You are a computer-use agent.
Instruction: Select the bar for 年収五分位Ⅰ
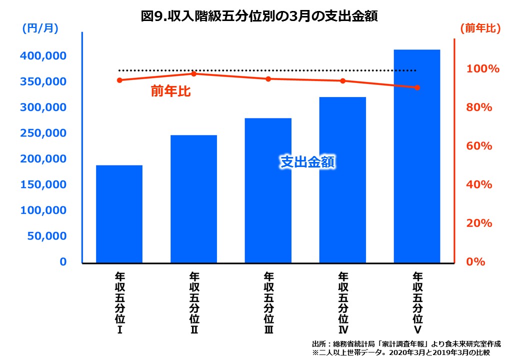click(119, 214)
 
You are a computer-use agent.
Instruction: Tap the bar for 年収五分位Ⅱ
click(193, 199)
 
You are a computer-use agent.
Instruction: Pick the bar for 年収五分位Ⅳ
click(342, 180)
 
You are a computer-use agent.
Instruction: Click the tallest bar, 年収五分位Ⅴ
click(417, 156)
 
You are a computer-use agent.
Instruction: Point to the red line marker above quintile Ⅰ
click(119, 80)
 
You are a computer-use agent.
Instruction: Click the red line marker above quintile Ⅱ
click(194, 73)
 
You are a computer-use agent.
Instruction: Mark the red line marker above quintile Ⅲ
click(268, 79)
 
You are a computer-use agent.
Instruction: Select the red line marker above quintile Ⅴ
click(417, 87)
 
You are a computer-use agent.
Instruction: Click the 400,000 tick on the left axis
click(43, 56)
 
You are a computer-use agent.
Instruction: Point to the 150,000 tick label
click(43, 184)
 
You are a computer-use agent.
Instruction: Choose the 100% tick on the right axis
click(482, 69)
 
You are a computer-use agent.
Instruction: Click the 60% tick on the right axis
click(479, 146)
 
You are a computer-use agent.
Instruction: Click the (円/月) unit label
click(40, 29)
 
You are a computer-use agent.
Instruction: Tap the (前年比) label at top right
click(480, 29)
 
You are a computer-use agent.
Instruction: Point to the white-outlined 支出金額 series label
click(306, 162)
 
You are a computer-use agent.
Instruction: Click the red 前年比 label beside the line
click(170, 91)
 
